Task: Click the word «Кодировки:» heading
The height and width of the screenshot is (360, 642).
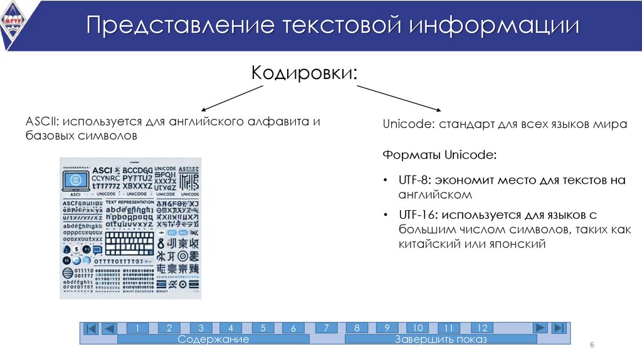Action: click(305, 72)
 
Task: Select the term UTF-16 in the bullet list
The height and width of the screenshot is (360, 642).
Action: click(416, 215)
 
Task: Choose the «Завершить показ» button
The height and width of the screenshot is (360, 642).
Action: click(440, 339)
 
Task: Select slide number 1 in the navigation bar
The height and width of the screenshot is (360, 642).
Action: click(137, 328)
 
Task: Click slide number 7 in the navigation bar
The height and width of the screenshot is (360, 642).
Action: click(326, 328)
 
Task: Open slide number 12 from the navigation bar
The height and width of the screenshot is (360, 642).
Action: click(481, 328)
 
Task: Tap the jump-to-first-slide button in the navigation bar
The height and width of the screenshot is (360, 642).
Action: click(91, 329)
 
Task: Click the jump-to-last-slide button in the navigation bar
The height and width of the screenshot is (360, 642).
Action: click(559, 328)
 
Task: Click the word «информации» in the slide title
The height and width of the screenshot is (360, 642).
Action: click(495, 26)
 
